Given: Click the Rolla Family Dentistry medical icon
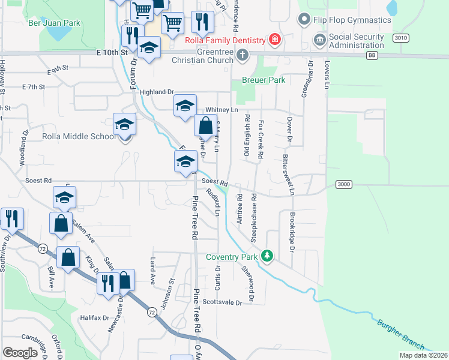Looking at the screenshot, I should point(274,40).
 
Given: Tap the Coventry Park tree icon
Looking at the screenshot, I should point(267,257).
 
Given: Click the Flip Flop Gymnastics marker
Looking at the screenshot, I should point(304,20).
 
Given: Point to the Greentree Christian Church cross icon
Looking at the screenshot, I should point(242,56).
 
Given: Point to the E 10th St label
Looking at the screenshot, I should point(113,53).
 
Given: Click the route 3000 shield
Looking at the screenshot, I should point(342,184).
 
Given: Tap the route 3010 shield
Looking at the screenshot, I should point(401,38).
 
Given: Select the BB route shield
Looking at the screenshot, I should point(372,55).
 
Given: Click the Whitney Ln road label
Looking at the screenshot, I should point(221,110).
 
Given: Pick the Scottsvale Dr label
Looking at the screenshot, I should point(222,302).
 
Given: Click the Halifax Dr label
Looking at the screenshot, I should point(94,317).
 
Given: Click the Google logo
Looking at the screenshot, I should point(20,353).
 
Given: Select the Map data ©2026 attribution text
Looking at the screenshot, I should point(423,355).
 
